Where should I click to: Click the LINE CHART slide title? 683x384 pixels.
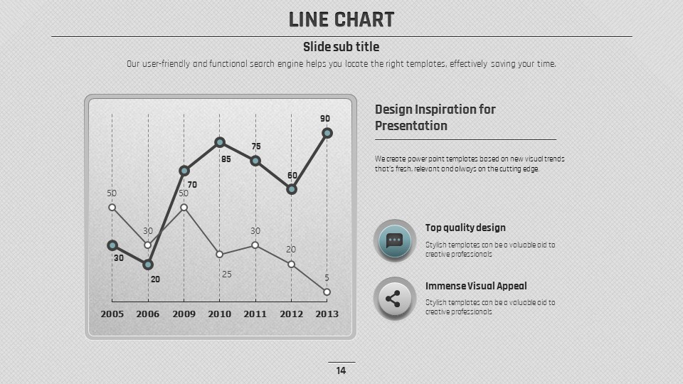tap(341, 20)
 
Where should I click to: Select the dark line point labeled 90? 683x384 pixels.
tap(327, 133)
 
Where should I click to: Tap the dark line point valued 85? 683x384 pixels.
tap(220, 142)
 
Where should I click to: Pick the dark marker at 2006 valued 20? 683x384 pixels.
tap(148, 265)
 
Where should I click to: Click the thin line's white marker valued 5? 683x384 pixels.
tap(327, 292)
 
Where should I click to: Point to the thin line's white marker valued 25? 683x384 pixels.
tap(220, 254)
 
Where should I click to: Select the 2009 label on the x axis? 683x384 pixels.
tap(184, 314)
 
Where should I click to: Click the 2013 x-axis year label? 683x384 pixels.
tap(327, 314)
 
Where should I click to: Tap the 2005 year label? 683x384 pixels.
tap(112, 314)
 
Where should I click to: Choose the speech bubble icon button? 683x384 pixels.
tap(394, 241)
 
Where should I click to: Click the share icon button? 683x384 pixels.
tap(394, 299)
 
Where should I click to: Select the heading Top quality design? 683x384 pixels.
tap(465, 228)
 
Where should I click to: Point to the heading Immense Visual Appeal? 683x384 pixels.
tap(476, 286)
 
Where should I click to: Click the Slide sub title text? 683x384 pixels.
tap(341, 47)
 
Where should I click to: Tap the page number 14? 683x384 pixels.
tap(341, 370)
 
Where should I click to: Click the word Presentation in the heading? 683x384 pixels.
tap(411, 126)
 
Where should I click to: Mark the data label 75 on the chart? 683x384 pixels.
tap(256, 146)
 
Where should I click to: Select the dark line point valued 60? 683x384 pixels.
tap(291, 189)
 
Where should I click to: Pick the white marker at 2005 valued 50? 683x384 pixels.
tap(112, 207)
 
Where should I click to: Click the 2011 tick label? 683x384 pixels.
tap(255, 314)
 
